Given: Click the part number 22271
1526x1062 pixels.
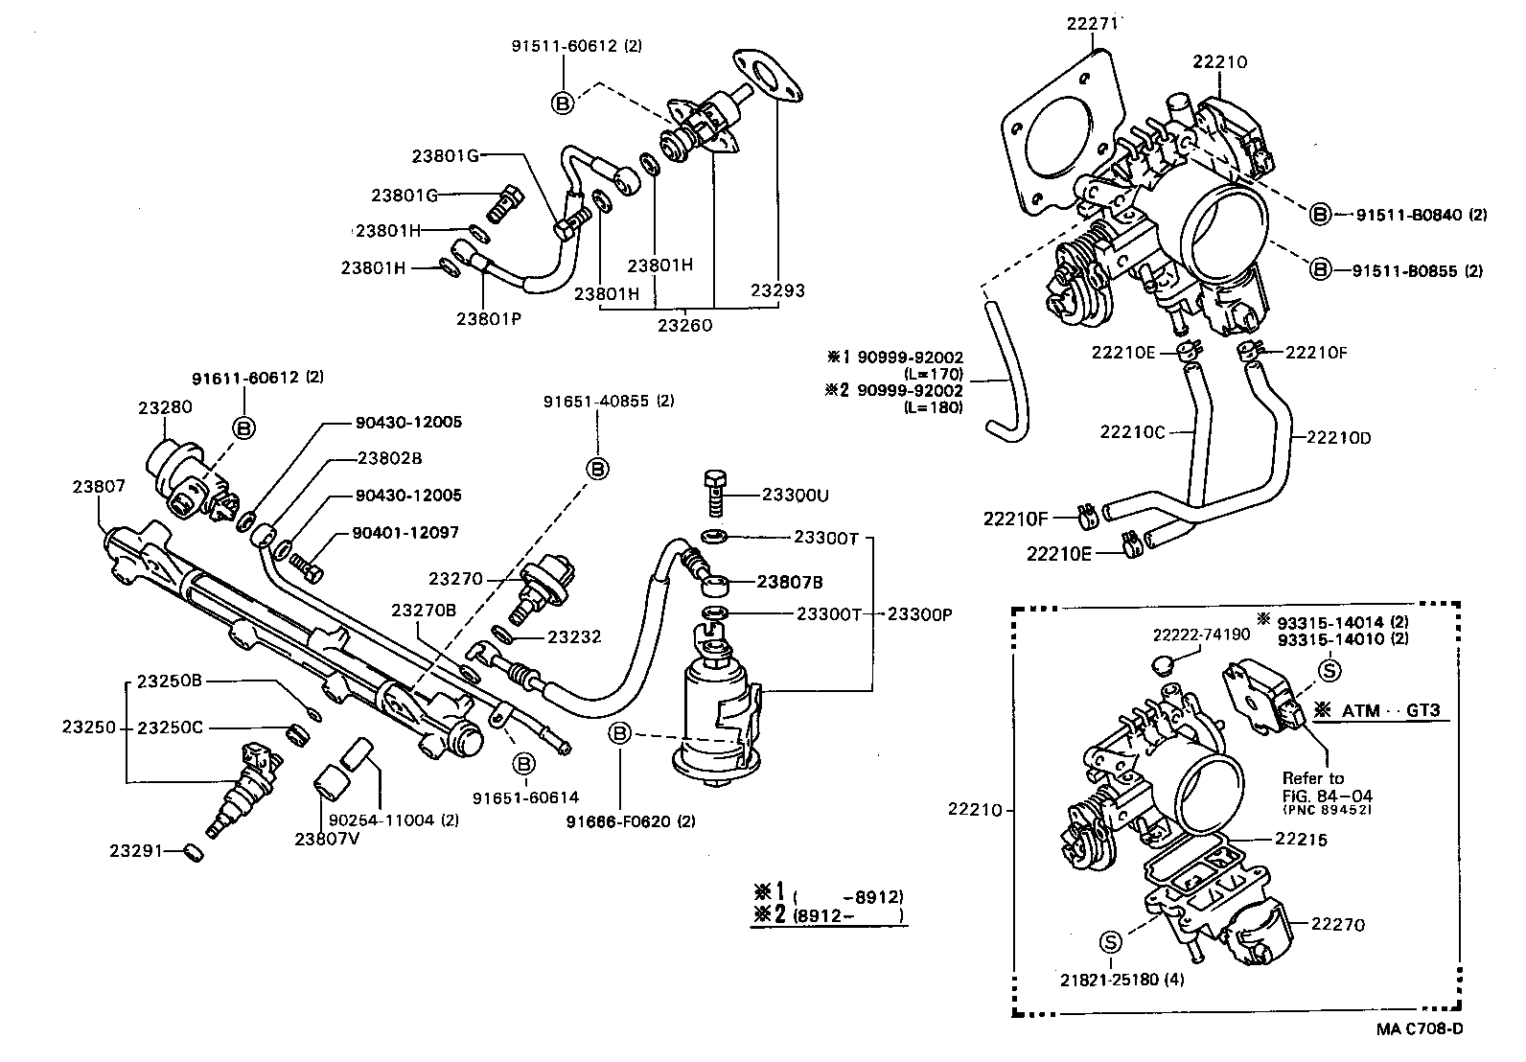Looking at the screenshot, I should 1092,23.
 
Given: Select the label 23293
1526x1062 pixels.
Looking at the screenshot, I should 777,290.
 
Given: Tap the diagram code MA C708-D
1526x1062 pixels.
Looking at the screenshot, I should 1420,1029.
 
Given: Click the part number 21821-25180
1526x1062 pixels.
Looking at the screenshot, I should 1109,980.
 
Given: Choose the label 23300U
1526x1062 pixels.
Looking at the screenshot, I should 795,496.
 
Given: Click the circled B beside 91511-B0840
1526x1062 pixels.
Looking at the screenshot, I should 1321,215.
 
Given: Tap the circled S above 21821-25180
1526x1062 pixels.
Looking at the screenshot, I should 1111,943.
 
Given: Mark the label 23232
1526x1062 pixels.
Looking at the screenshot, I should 574,635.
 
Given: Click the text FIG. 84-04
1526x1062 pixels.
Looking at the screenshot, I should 1317,795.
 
